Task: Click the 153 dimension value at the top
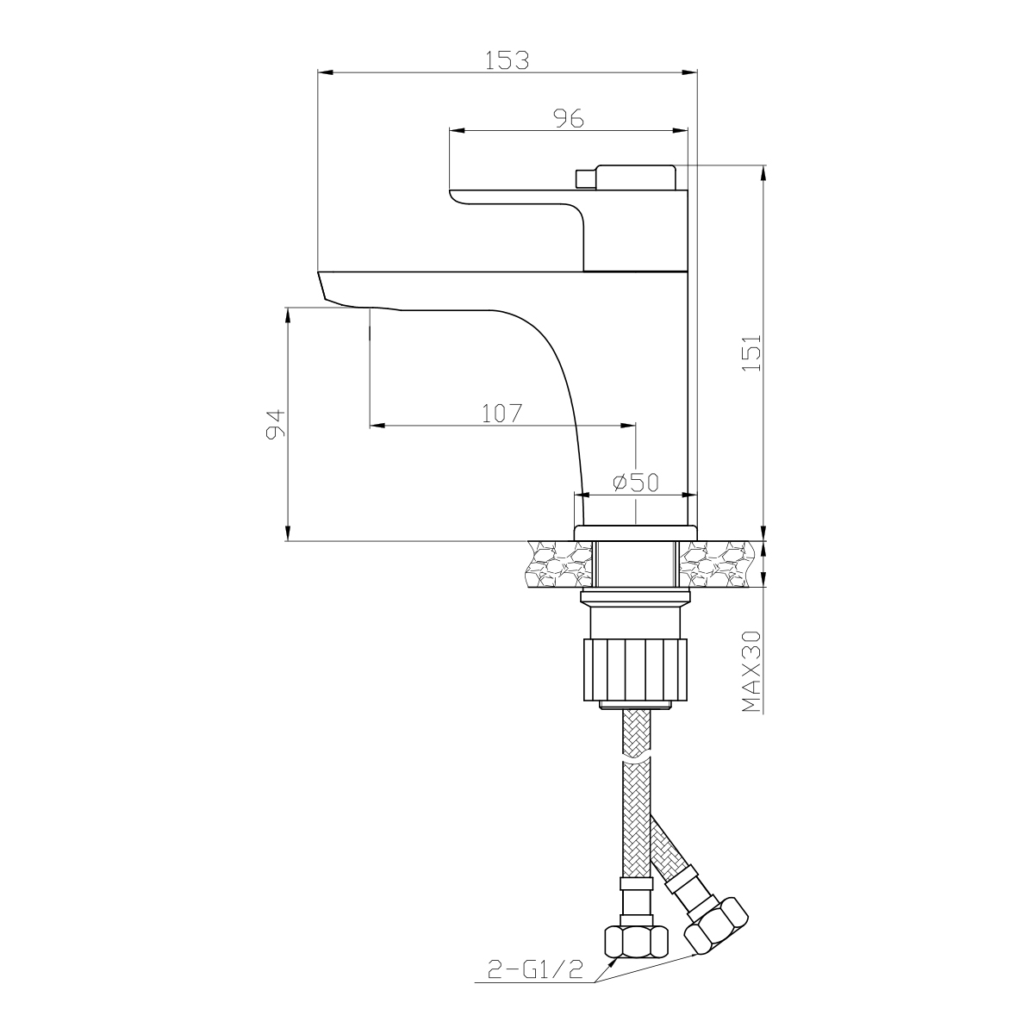click(x=507, y=60)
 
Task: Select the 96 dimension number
click(x=569, y=119)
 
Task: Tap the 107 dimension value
click(x=501, y=414)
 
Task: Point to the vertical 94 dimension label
click(x=275, y=424)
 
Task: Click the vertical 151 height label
click(x=751, y=352)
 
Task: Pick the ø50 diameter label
click(x=636, y=483)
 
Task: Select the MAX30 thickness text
click(x=751, y=671)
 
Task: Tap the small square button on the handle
click(x=586, y=178)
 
